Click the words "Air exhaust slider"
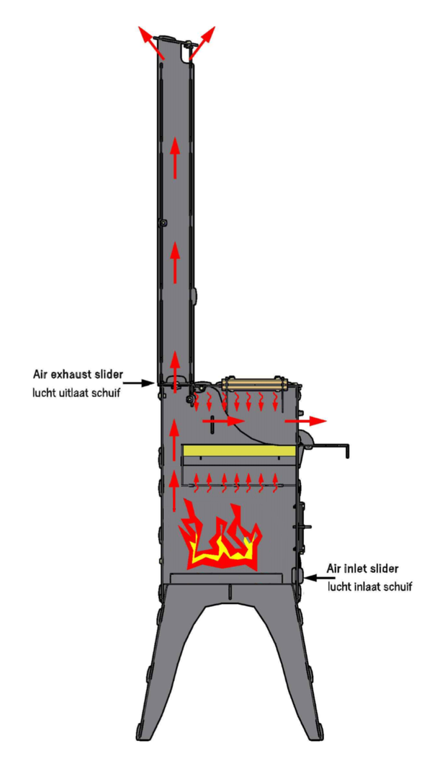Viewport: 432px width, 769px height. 78,374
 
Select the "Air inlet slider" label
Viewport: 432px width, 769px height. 362,568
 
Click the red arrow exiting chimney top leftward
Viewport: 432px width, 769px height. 150,40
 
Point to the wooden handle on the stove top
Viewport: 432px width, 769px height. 257,383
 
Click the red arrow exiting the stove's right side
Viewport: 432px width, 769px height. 305,419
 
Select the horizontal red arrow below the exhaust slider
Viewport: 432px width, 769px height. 223,419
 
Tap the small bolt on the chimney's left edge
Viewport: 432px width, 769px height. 163,223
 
